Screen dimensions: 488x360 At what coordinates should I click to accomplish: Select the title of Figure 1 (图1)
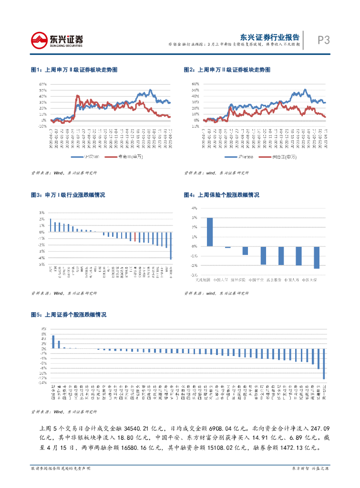74,70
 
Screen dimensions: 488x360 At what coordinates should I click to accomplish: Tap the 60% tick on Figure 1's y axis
42,84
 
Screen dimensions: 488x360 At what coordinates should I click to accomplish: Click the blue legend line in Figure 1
77,156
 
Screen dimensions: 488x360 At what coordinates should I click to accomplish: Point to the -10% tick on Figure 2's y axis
195,126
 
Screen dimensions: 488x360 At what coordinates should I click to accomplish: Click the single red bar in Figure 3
135,236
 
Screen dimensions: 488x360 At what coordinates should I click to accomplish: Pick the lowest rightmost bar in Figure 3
171,245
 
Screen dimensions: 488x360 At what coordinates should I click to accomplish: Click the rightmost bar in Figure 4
317,257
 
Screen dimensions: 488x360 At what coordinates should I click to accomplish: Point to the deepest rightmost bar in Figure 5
324,364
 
